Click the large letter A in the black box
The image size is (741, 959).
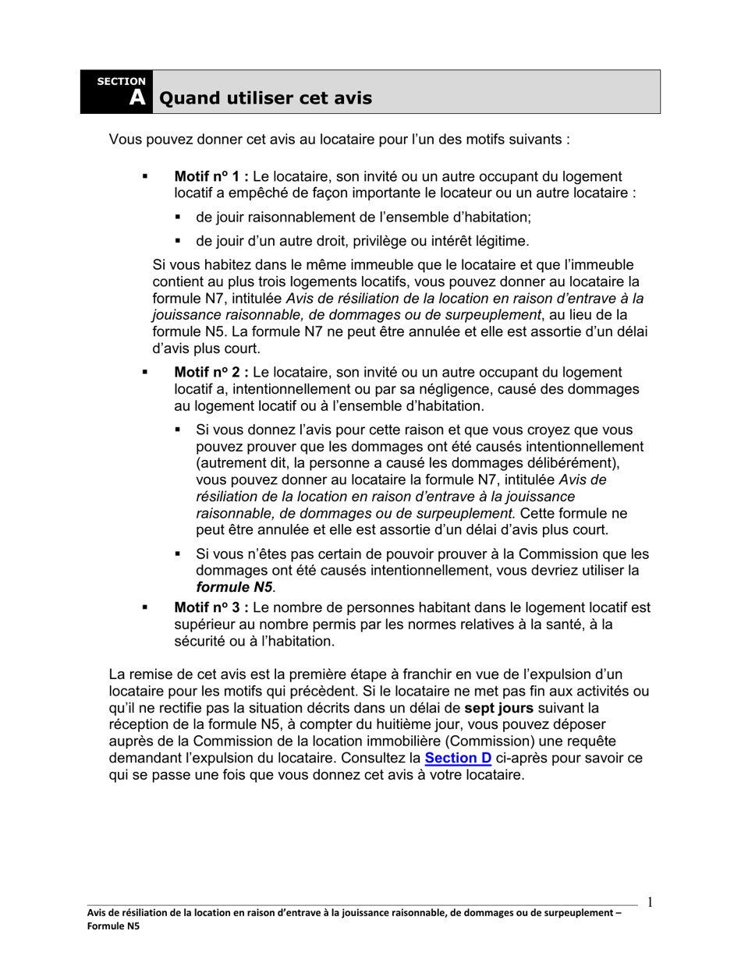[136, 98]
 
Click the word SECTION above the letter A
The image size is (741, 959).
[121, 81]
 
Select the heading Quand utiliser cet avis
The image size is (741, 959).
[265, 98]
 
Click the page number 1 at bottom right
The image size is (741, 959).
[650, 903]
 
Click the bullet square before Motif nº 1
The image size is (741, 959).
[145, 177]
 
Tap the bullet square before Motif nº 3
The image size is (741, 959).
[145, 607]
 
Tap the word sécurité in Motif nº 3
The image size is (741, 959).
[199, 642]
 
